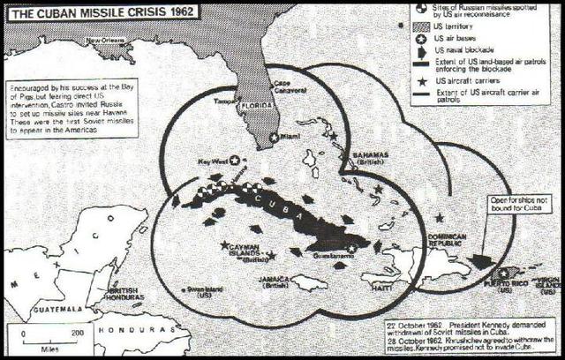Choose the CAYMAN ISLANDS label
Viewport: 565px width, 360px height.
[x=243, y=255]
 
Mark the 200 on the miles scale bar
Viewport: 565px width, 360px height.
[x=78, y=334]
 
